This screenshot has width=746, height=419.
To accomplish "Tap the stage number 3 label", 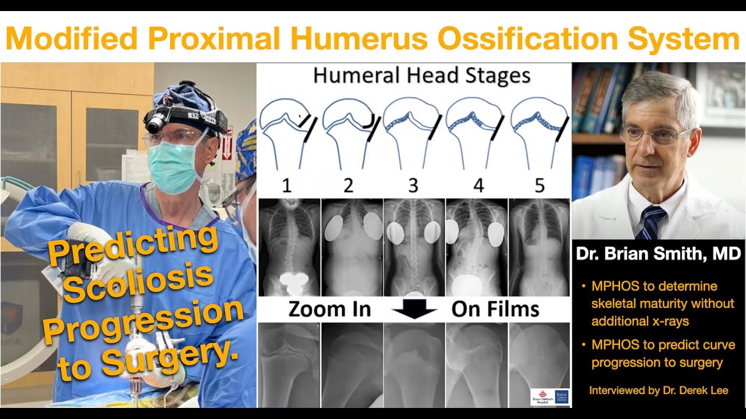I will pos(413,186).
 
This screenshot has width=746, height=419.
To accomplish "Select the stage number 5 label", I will pos(539,186).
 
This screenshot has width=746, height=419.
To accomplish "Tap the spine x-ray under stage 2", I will pos(352,247).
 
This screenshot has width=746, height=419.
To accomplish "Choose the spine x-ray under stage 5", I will pos(540,247).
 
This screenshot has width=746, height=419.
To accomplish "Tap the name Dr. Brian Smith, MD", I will pos(658,254).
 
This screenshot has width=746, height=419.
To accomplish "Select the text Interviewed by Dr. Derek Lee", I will pos(659,390).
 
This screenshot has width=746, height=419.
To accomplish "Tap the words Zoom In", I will pos(329,310).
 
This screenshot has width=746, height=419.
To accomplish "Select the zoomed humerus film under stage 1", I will pos(288,364).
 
